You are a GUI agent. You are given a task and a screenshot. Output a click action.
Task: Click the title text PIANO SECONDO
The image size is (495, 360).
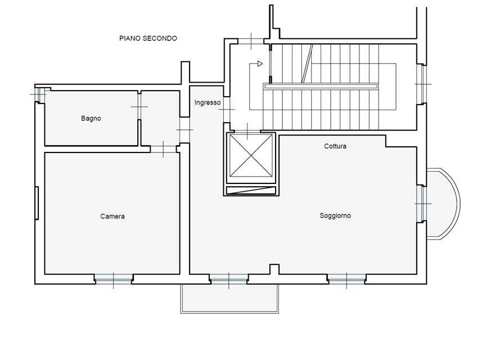point(148,38)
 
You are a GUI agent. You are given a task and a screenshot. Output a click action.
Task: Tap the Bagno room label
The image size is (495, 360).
point(91,119)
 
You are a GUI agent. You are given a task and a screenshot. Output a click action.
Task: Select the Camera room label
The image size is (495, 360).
point(112,217)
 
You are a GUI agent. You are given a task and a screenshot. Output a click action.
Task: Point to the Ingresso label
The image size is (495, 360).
point(208,103)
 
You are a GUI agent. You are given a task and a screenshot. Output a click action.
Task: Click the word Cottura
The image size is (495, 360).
point(335,146)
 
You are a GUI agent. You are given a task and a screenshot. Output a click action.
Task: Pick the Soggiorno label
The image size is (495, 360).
point(335,215)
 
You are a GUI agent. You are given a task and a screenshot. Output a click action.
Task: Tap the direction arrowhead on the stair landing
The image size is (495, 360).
point(259,64)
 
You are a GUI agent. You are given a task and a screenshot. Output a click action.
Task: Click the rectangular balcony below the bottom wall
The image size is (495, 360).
point(229,298)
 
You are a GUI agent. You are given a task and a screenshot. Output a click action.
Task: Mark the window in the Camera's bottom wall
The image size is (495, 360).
point(114,278)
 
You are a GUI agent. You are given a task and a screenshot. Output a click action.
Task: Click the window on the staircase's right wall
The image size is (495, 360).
point(420,83)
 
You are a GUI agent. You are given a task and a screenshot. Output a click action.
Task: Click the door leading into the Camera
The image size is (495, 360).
point(163,148)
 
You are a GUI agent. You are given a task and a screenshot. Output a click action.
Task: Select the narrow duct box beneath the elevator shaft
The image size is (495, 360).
point(250,191)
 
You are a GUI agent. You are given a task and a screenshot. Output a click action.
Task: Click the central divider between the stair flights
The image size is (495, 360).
point(321,86)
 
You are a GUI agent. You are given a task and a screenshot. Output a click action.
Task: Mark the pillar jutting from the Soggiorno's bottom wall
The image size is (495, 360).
point(274,269)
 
